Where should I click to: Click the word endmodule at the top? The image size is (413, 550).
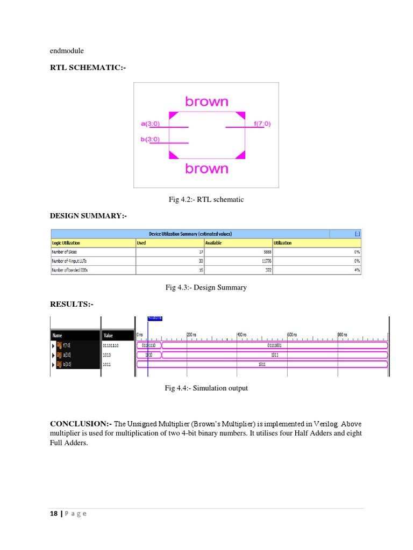click(x=67, y=51)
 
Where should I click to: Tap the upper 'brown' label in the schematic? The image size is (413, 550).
click(x=206, y=102)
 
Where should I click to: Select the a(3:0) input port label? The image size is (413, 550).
click(x=151, y=124)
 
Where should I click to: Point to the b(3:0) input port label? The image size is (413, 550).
click(x=151, y=140)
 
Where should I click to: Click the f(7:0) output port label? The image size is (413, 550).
click(x=262, y=124)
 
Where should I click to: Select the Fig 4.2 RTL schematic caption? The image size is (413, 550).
click(x=206, y=200)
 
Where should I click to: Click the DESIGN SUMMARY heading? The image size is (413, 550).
click(x=88, y=215)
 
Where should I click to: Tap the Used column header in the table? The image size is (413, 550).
click(x=141, y=243)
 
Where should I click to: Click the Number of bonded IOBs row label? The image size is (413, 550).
click(x=70, y=270)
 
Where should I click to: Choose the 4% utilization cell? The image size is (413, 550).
click(x=357, y=270)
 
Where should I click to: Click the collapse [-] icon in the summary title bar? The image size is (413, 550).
click(x=358, y=234)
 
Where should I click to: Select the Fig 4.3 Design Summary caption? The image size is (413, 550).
click(x=206, y=287)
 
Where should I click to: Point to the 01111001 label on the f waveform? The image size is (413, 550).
click(x=274, y=345)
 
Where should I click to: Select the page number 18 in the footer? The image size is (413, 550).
click(x=54, y=513)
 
